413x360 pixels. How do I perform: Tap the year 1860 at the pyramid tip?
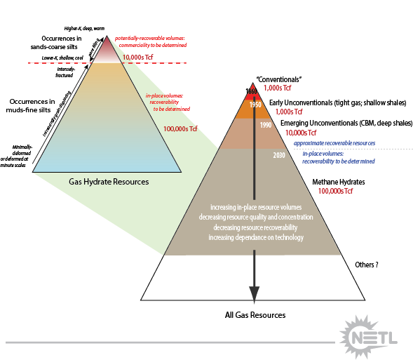tap(252, 91)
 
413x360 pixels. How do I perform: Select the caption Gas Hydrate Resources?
tap(109, 182)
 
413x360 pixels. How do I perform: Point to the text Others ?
tap(367, 265)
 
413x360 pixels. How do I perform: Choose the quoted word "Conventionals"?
tap(279, 79)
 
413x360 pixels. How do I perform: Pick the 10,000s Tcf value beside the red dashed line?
tap(138, 58)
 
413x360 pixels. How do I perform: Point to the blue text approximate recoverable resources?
tap(334, 143)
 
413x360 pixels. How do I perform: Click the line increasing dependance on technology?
tap(255, 238)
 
